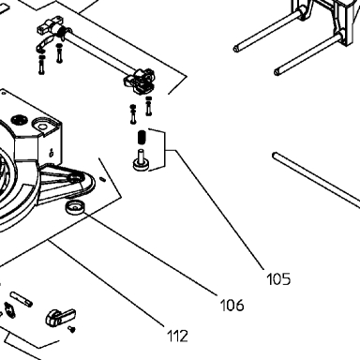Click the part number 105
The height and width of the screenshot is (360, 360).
[278, 278]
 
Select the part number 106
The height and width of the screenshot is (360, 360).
[232, 305]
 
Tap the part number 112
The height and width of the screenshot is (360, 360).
[177, 336]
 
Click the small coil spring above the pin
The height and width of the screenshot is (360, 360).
[142, 137]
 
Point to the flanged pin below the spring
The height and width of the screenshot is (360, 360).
[141, 160]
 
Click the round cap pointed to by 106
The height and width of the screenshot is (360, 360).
[75, 207]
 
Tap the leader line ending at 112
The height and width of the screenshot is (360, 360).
[106, 284]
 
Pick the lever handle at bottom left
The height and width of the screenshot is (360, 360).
[61, 317]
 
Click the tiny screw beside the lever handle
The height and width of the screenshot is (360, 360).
[72, 329]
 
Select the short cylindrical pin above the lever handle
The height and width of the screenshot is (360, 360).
[22, 299]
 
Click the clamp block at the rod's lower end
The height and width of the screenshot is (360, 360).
[140, 81]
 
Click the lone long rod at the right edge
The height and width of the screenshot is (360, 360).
[316, 178]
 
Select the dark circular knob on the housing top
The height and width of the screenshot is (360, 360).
[20, 120]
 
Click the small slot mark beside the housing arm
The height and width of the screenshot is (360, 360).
[102, 179]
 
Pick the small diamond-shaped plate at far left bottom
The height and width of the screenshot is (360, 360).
[9, 310]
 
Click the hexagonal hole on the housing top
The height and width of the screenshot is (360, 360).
[41, 126]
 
